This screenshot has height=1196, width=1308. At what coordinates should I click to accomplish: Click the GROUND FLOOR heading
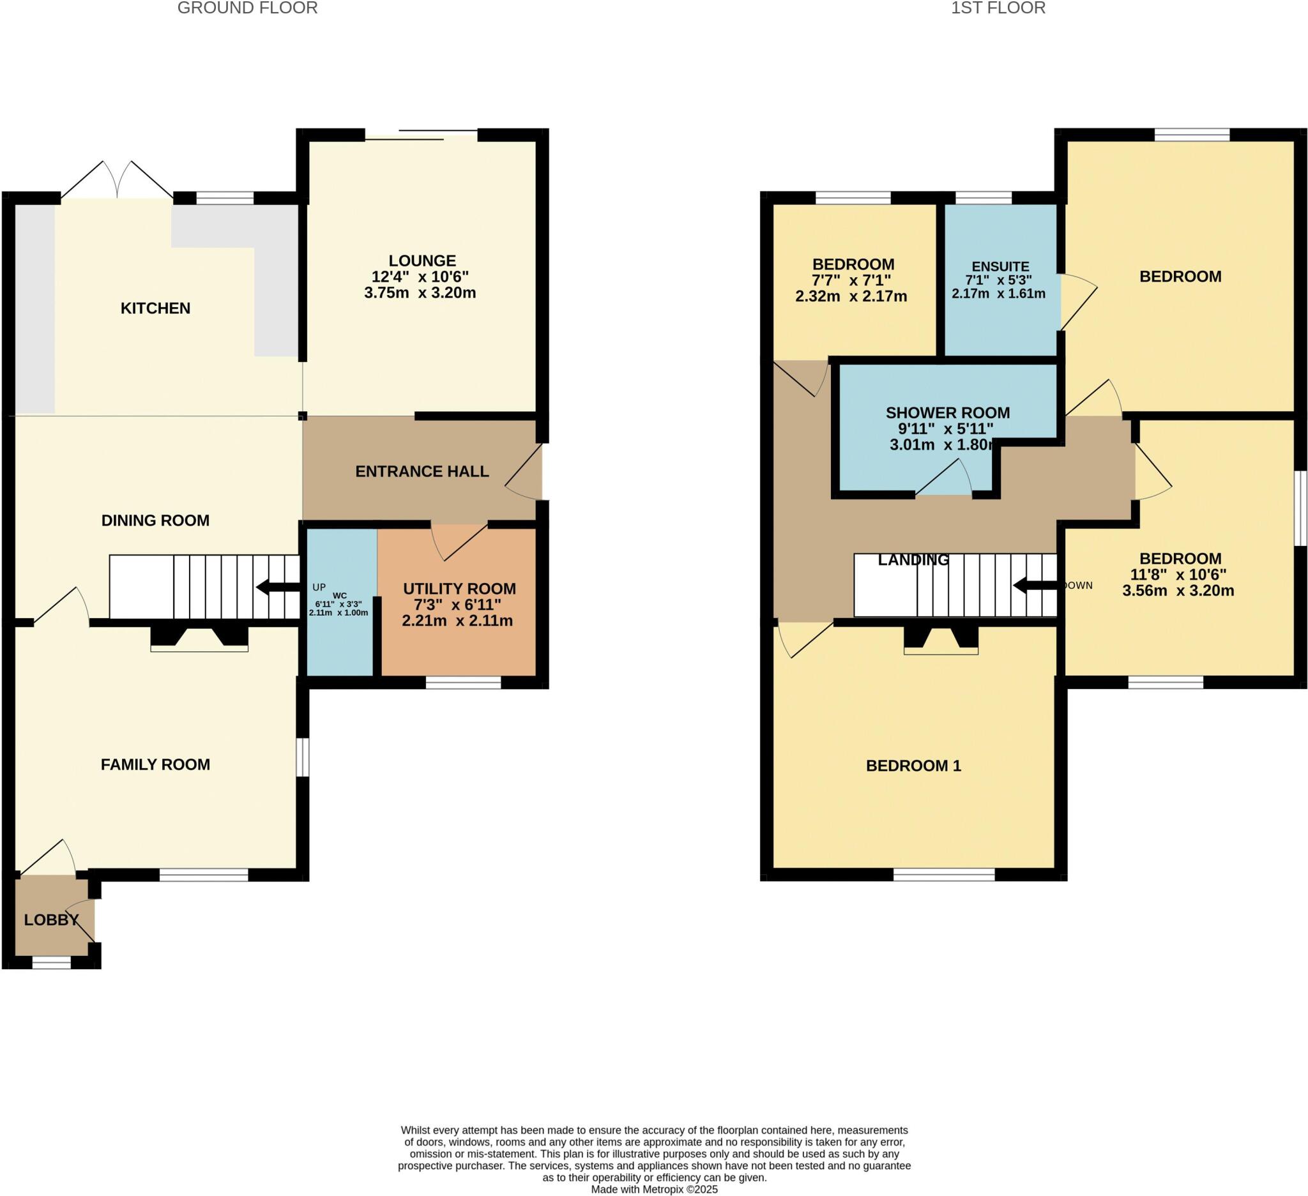[247, 8]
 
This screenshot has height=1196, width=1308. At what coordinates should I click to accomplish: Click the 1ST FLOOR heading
[998, 8]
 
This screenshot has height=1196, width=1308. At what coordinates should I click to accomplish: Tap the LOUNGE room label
[422, 261]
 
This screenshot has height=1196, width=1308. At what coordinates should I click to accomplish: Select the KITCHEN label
[155, 308]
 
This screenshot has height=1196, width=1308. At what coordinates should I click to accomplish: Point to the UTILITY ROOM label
[459, 589]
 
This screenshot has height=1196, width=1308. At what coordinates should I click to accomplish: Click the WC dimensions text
[338, 608]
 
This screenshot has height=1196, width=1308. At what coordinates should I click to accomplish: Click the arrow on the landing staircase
[1035, 586]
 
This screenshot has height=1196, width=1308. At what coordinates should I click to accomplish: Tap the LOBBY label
[51, 920]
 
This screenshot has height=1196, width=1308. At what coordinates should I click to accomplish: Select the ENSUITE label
[1000, 266]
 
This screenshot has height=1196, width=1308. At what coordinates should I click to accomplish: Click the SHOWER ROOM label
[947, 413]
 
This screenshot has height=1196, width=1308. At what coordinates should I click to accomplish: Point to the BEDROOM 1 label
[913, 766]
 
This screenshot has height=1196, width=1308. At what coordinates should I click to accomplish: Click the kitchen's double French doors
[118, 180]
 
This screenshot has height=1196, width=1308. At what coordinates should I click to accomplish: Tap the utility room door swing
[459, 542]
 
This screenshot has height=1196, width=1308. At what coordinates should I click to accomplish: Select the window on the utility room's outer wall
[462, 683]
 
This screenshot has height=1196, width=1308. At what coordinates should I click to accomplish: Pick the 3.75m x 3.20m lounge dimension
[420, 293]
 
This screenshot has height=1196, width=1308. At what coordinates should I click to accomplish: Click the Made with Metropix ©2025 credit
[653, 1190]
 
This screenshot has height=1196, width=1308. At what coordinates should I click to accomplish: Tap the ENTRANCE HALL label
[422, 471]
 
